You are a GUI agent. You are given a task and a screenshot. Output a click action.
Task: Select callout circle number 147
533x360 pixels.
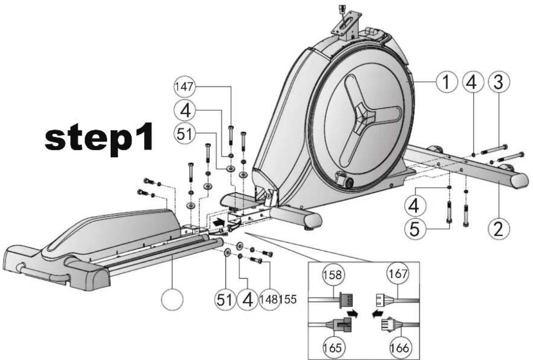coord(184,87)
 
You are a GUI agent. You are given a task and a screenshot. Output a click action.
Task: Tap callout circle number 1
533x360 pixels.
coord(446,82)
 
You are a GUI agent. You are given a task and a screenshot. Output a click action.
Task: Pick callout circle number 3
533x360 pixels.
coord(499,82)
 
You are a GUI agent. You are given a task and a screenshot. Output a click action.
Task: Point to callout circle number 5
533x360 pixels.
coord(414,229)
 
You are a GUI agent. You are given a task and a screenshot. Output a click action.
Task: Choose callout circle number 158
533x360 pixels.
coord(332,274)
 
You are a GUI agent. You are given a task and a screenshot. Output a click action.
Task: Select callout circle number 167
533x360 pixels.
coord(397,273)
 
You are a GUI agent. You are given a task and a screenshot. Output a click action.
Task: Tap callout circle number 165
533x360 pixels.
coord(332,347)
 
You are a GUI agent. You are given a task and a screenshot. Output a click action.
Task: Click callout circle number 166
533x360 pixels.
coord(399,347)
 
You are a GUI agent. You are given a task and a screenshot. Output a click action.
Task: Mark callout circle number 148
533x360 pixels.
coord(270,300)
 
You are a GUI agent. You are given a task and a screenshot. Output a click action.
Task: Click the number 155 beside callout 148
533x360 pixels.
coord(288,300)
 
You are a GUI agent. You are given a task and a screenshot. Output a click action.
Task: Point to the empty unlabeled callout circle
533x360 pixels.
coord(172,300)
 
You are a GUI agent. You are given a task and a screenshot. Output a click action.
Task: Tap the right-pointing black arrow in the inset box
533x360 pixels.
coord(352,313)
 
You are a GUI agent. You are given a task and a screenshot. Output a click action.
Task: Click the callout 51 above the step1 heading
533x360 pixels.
coord(184,134)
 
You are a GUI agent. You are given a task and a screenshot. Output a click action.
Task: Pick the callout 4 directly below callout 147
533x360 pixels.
coord(185,111)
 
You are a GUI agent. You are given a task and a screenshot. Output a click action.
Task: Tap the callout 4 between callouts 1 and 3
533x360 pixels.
coord(473,82)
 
